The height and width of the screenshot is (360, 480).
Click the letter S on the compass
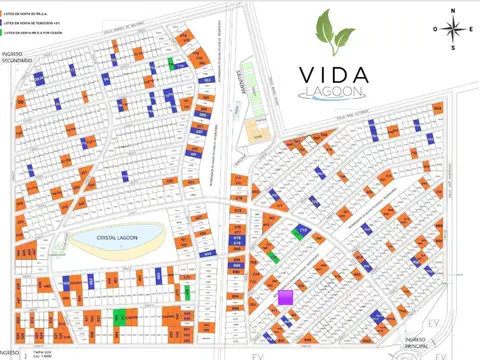coord(454,48)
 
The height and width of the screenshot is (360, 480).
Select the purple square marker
coord(285,296)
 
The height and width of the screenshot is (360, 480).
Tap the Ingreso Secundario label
coord(18,57)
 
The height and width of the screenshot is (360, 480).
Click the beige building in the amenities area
coord(255,131)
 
